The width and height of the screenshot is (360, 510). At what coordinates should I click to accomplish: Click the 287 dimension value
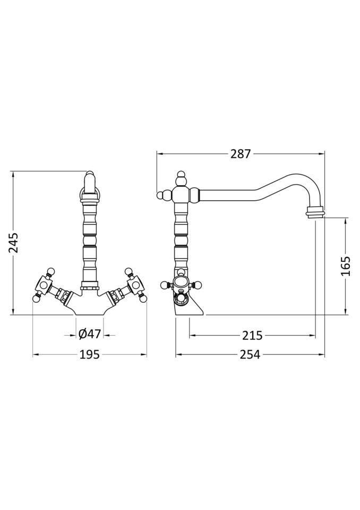point(241,154)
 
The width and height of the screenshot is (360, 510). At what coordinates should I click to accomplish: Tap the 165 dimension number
point(346,266)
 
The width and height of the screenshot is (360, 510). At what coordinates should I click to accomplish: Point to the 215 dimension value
point(252,336)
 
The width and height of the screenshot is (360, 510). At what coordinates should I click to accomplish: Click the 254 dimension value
point(250,354)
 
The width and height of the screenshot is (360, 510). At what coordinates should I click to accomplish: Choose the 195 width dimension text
point(89,354)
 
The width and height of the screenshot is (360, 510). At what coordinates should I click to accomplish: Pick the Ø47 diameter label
point(89,335)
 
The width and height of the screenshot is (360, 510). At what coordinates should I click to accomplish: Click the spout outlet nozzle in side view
point(315,213)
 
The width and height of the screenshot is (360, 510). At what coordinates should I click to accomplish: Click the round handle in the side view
point(181,283)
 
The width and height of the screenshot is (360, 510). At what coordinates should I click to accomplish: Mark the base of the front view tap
point(89,305)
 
